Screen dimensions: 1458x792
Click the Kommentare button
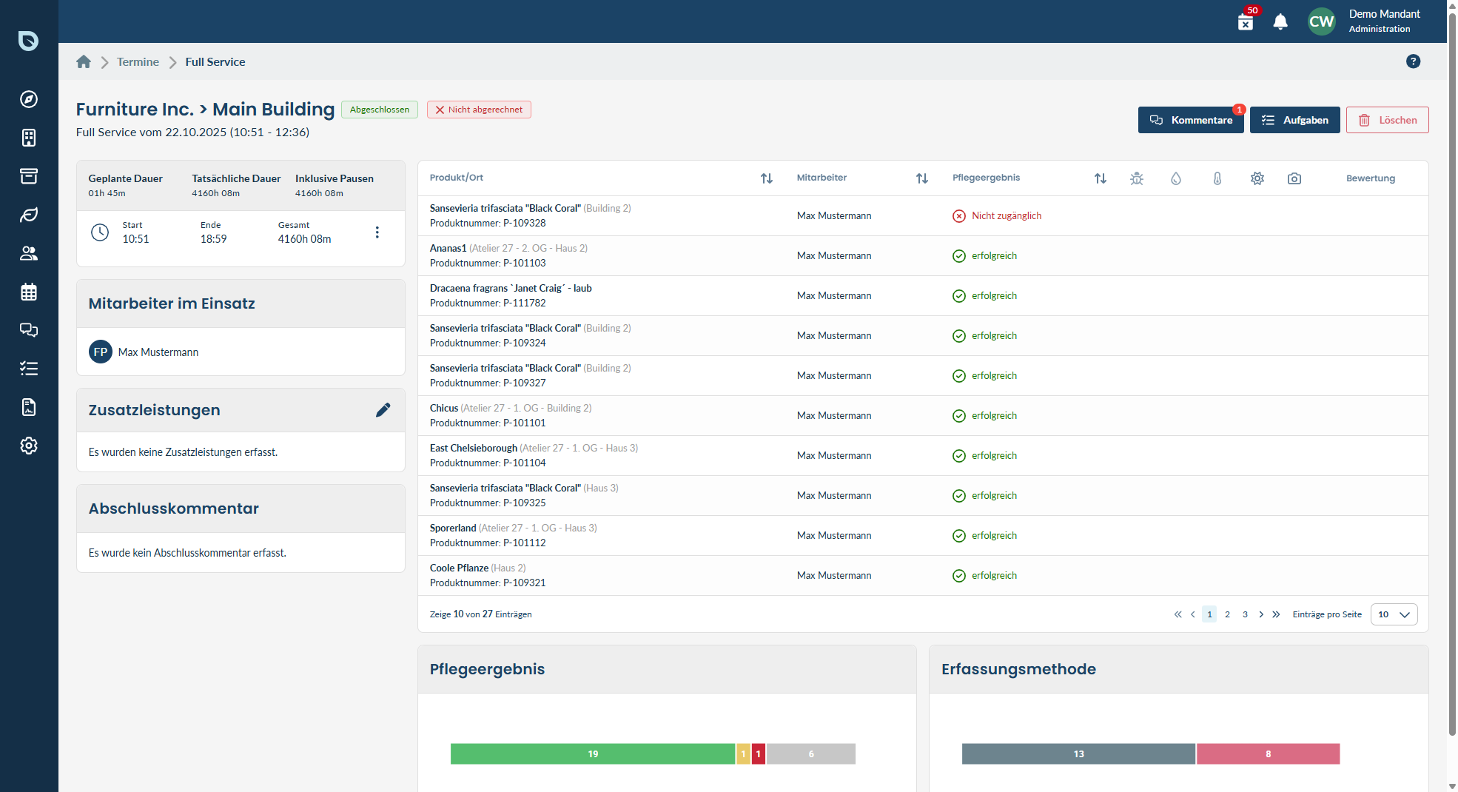pos(1191,120)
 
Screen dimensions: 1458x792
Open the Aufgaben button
pos(1294,120)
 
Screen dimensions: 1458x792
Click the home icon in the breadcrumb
pos(84,62)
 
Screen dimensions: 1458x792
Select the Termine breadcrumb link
pos(138,62)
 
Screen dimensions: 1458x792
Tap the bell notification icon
pos(1280,21)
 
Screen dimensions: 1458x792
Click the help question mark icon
pos(1413,61)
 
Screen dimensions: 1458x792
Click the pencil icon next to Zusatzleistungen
pos(383,410)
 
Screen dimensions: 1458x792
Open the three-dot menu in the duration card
pos(377,232)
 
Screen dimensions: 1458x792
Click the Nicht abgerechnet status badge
pos(479,110)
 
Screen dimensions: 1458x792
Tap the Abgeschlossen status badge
pos(380,110)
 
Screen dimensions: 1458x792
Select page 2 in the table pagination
pos(1227,614)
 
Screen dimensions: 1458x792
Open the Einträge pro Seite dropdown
pos(1394,614)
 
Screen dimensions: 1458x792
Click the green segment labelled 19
pos(593,754)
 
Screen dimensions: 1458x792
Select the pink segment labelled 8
pos(1268,754)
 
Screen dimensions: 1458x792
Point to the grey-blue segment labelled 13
pos(1078,754)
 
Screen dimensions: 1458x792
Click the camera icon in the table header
pos(1294,178)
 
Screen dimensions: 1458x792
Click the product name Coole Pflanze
pos(459,568)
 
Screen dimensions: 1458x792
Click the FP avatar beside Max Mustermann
pos(101,352)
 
